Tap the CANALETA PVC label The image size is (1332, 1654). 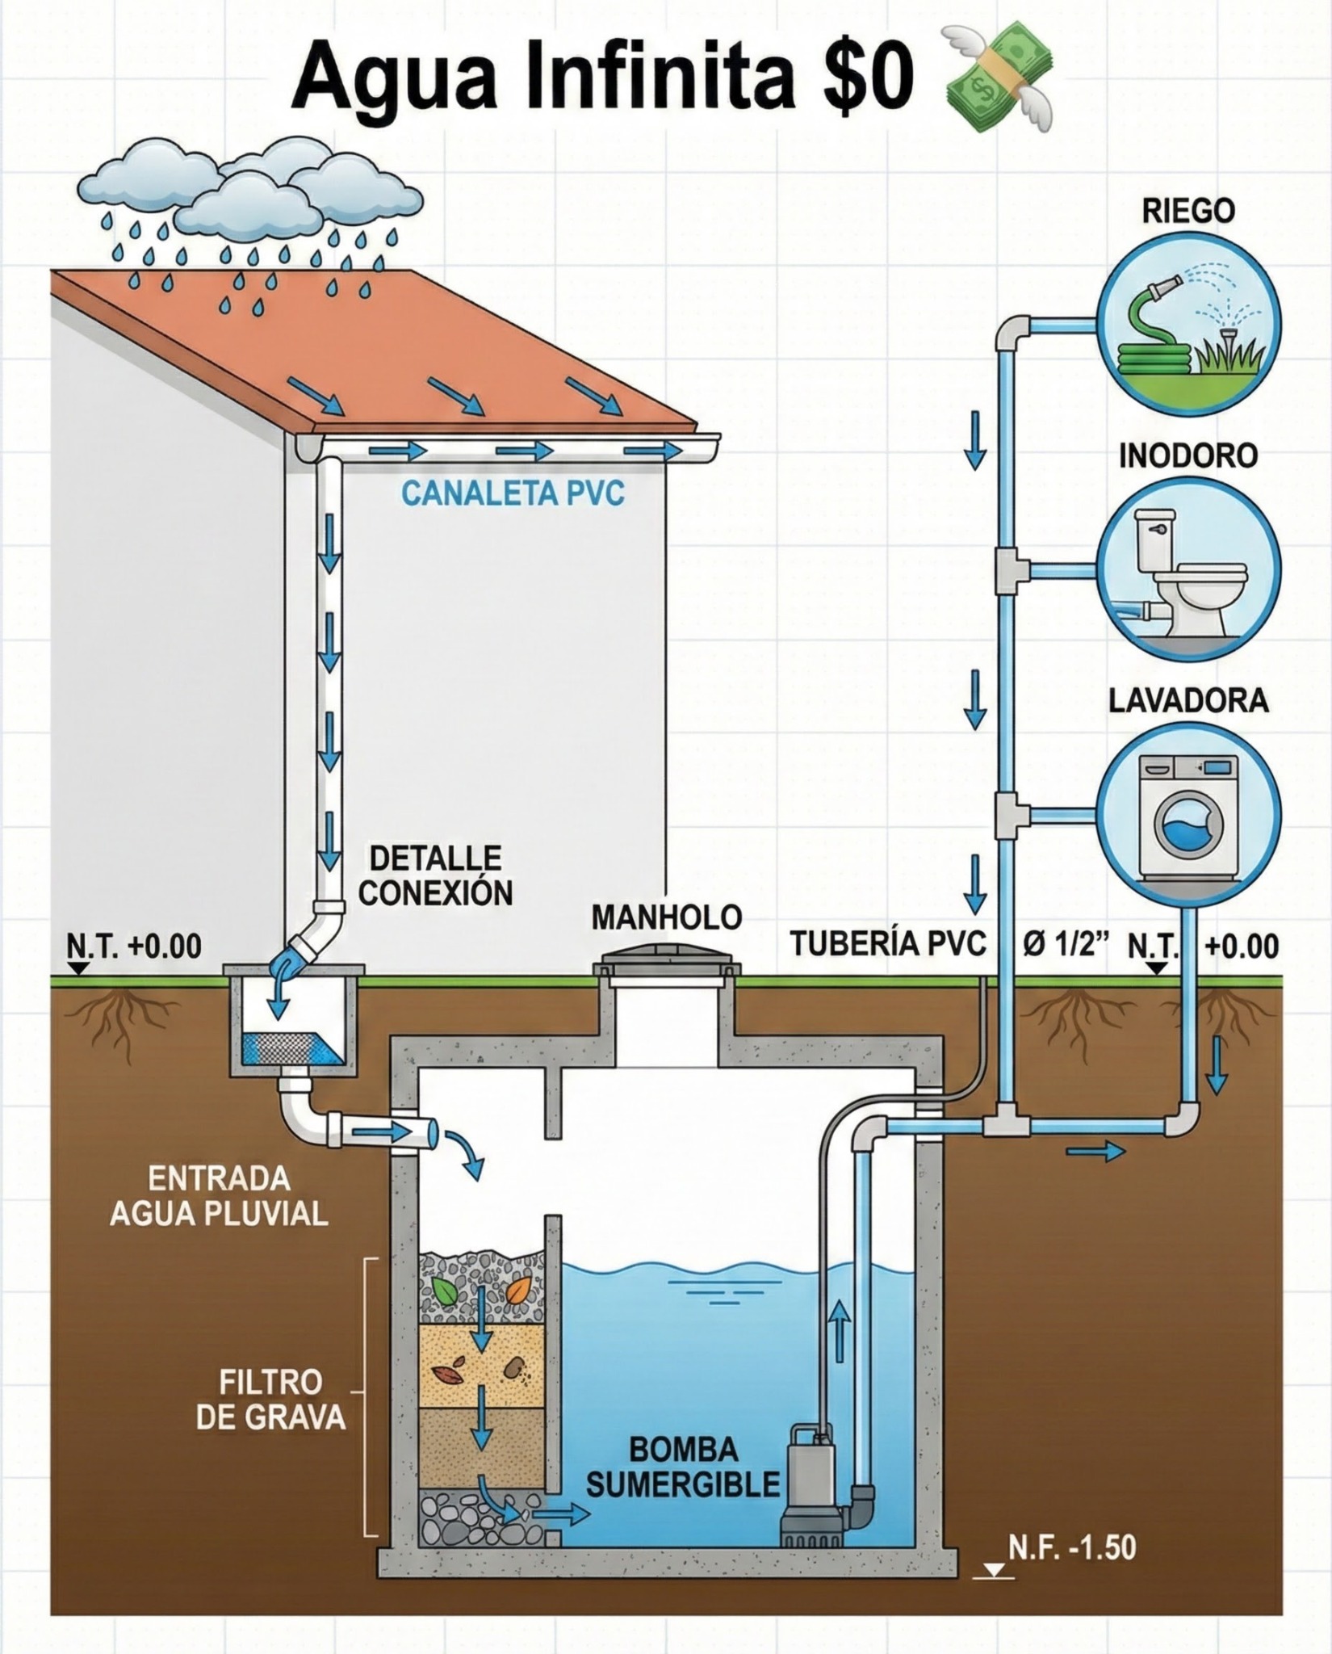(x=513, y=493)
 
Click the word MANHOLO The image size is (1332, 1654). (x=666, y=917)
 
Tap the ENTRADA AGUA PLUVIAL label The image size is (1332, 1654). (x=219, y=1195)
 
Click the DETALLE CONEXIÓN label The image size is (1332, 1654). (x=435, y=875)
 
